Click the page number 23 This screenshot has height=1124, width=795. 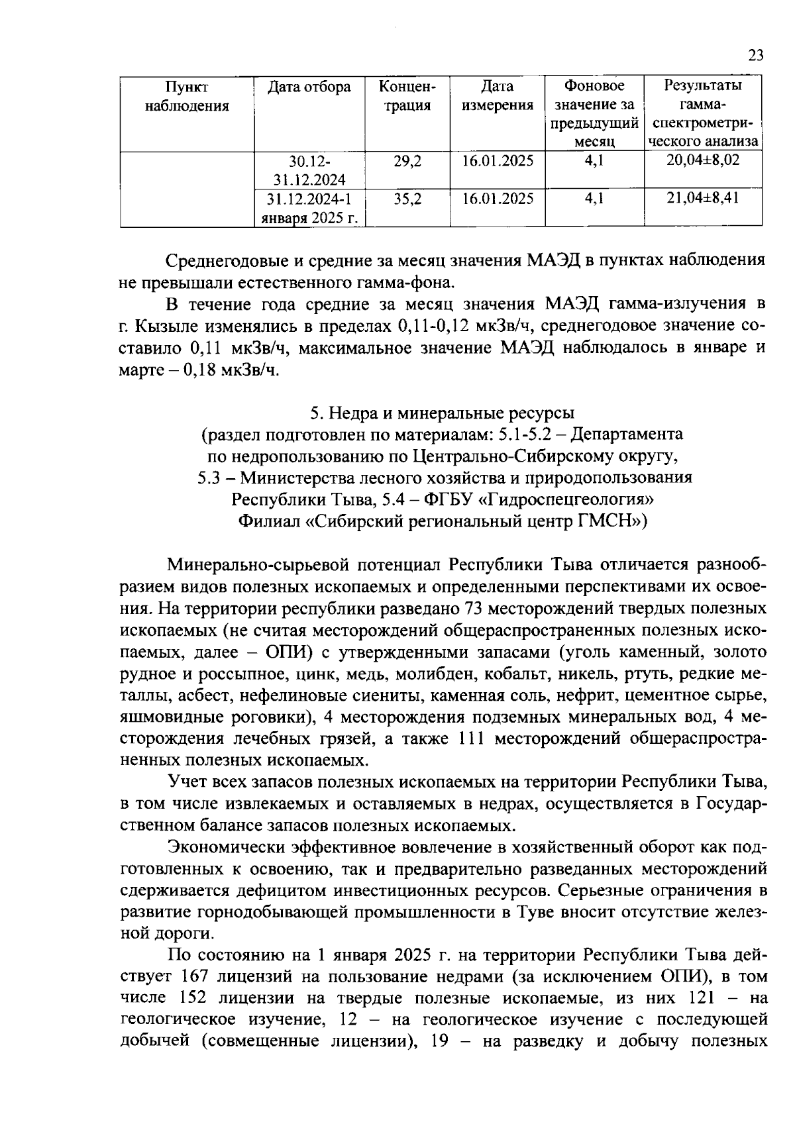(x=756, y=56)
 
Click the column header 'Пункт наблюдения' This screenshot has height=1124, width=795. (x=187, y=97)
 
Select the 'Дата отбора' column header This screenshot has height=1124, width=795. (x=309, y=87)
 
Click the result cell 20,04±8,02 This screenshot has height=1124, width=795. (x=703, y=161)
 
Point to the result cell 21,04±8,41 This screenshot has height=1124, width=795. (x=703, y=199)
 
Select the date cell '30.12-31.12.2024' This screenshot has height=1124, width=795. (x=309, y=170)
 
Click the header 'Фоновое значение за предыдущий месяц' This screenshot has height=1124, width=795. (x=594, y=114)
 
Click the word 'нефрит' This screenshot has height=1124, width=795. (x=590, y=696)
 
